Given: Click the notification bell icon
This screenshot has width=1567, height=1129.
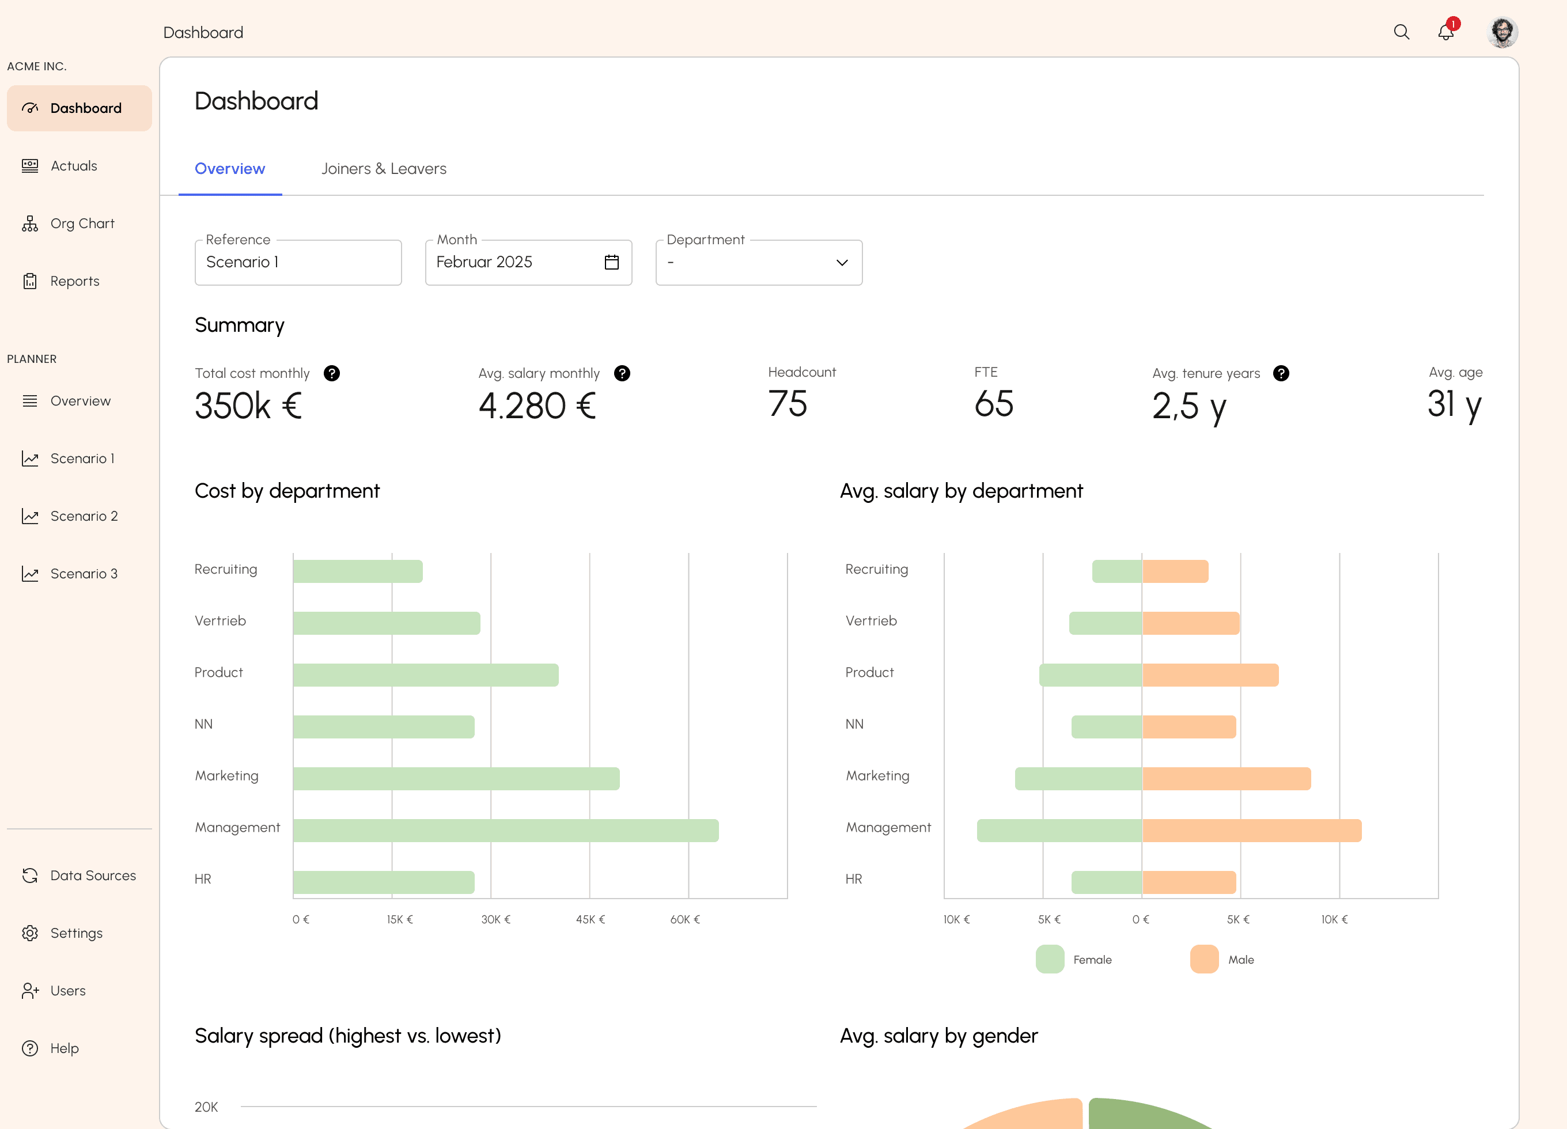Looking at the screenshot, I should coord(1445,32).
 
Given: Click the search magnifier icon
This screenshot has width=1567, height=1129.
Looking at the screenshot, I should coord(1401,32).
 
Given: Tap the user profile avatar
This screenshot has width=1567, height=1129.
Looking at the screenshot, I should coord(1502,32).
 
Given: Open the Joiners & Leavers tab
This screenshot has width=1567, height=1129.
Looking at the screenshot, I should coord(384,169).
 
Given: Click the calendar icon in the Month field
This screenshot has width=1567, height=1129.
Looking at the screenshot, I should coord(611,262).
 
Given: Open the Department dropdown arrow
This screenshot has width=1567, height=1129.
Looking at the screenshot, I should coord(842,263).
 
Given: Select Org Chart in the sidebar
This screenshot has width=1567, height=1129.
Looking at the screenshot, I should coord(82,223).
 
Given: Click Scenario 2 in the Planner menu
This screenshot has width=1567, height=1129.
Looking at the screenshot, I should coord(84,516).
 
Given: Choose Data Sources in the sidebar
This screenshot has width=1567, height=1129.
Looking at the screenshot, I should coord(93,876).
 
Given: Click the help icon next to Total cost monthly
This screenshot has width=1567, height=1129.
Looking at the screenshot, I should coord(332,373).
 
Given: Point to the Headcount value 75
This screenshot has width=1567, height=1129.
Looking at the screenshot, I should coord(788,404).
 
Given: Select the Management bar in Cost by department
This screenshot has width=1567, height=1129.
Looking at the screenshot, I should coord(506,831).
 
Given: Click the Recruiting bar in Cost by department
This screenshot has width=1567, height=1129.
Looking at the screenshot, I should coord(358,571).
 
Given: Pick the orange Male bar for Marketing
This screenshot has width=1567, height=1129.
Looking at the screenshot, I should coord(1227,779).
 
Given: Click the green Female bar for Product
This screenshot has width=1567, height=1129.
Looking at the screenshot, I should coord(1090,675).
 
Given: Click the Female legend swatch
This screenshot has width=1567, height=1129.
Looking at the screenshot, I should coord(1050,959).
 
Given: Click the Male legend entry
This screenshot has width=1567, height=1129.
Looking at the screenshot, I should coord(1240,960).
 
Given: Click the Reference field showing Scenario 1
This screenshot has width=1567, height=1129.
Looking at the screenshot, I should coord(298,263).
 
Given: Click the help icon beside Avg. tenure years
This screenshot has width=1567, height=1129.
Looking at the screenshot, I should coord(1281,373).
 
